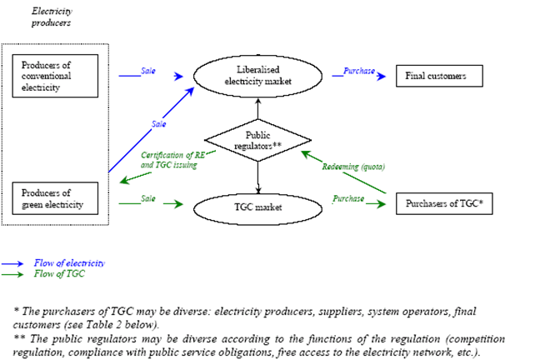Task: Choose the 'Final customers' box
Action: click(x=442, y=76)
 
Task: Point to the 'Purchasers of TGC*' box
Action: click(x=442, y=202)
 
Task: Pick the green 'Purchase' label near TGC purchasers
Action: click(x=348, y=198)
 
